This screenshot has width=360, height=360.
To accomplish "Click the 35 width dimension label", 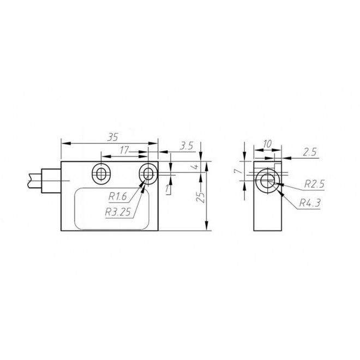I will (113, 137).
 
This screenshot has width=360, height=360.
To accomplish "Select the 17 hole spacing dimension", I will (124, 149).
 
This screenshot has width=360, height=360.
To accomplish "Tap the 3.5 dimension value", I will (187, 147).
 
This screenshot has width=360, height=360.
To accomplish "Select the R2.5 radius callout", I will (314, 184).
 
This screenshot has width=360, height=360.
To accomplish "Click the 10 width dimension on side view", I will (267, 143).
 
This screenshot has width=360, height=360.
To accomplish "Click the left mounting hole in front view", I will (101, 173).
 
